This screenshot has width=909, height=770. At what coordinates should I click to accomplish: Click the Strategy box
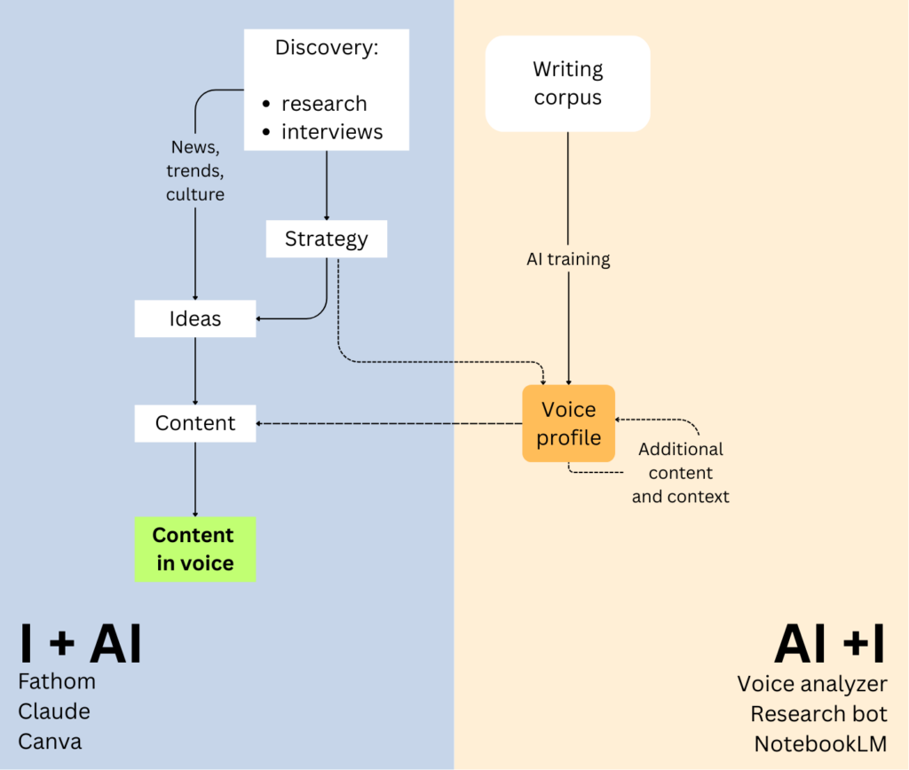326,239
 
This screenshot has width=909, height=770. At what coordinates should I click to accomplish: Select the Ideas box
195,318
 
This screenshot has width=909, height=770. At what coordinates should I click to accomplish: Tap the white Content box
195,423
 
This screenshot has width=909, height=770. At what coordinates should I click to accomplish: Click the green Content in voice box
194,549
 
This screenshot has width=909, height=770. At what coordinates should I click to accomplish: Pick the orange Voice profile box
568,423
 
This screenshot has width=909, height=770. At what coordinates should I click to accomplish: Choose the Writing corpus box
567,83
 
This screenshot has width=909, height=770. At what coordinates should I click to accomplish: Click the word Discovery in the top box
326,47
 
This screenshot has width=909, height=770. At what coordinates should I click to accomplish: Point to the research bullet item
324,104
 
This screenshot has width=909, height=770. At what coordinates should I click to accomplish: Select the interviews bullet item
332,132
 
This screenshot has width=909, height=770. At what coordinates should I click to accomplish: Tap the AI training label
568,260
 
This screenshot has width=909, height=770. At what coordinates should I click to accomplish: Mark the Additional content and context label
681,473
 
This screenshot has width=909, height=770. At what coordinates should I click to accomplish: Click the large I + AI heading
81,645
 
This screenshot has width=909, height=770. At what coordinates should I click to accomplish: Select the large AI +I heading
829,645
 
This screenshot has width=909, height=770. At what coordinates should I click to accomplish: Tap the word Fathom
57,681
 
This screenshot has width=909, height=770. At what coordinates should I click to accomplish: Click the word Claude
54,711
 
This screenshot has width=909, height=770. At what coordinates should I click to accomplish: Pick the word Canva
51,740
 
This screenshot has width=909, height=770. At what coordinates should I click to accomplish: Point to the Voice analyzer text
812,684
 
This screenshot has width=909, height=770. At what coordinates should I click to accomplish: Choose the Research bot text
818,713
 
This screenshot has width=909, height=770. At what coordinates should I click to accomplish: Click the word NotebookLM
820,742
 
